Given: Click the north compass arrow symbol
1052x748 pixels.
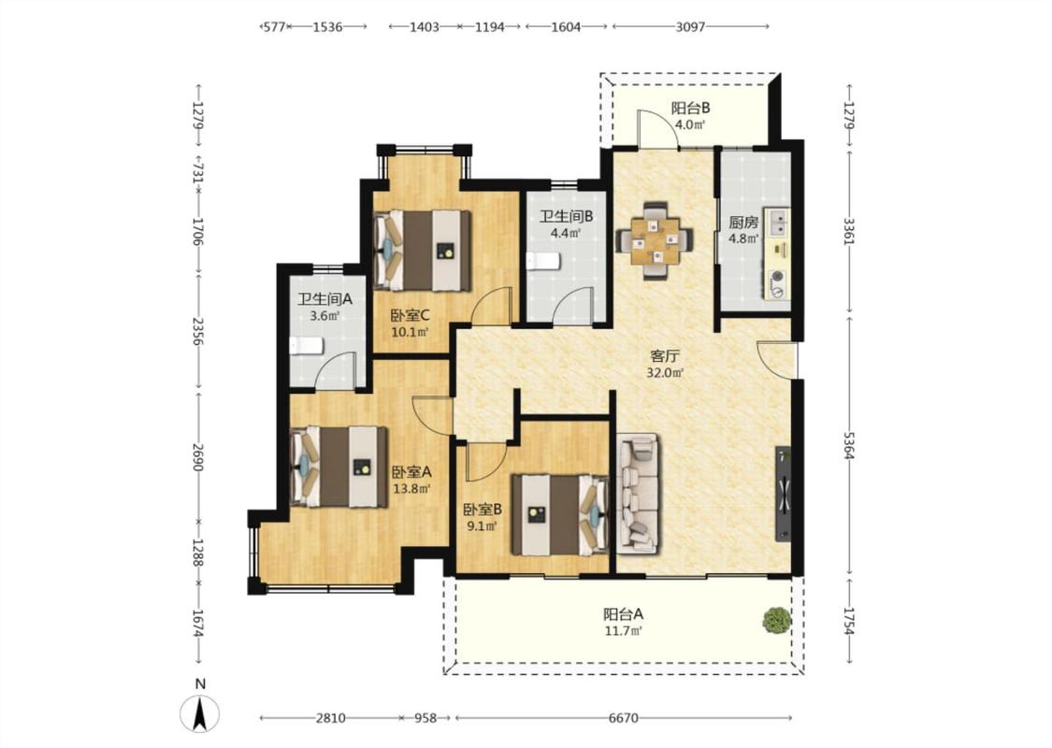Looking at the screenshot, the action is click(199, 713).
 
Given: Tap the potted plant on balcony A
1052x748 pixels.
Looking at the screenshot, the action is click(776, 620).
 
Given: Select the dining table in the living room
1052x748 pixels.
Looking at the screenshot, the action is click(656, 240).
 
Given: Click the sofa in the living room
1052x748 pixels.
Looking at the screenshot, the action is click(638, 493).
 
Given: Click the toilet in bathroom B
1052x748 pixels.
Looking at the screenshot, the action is click(542, 261).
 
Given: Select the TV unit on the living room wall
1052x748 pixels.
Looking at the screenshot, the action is click(784, 494).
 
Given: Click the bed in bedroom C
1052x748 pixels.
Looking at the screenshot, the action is click(422, 251).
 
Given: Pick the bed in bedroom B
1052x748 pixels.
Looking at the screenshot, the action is click(559, 515).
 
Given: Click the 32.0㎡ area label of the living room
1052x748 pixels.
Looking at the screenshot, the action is click(664, 373).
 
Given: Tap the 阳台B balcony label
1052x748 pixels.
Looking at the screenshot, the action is click(690, 108).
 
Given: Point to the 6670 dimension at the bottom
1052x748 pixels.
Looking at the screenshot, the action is click(624, 718).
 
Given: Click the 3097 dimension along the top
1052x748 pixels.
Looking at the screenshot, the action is click(690, 27).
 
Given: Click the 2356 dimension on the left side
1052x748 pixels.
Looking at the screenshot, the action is click(197, 331).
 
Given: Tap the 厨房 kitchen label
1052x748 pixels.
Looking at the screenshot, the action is click(743, 223).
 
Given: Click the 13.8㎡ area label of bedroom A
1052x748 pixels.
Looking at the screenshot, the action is click(411, 488).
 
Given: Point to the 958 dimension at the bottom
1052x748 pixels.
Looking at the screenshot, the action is click(425, 718).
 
